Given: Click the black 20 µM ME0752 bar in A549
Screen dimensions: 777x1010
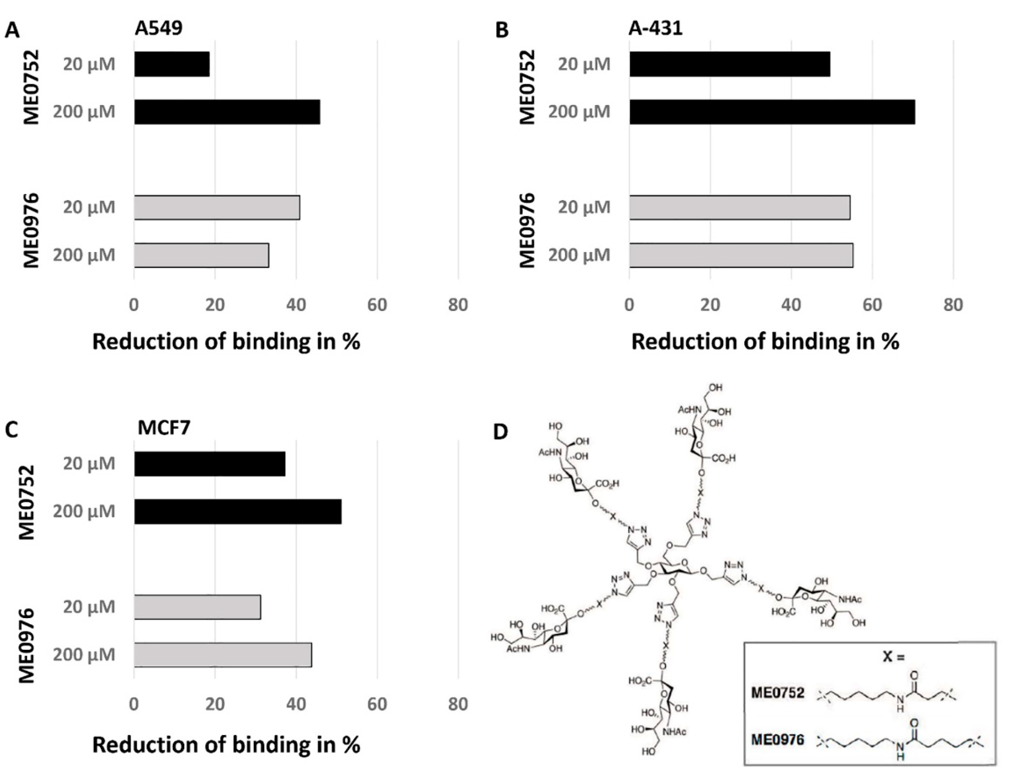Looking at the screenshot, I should pos(172,64).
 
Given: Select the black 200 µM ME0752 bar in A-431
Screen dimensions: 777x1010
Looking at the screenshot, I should pos(772,112).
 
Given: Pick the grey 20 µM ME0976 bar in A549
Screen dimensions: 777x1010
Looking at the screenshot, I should pos(217,207).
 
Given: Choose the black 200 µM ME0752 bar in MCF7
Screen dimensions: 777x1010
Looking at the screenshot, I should pos(238,512).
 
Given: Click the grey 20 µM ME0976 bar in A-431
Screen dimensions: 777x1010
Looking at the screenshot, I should pos(739,207).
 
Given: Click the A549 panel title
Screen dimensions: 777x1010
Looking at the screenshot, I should pos(159,29).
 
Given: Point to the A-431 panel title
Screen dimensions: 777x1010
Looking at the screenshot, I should pos(655,29).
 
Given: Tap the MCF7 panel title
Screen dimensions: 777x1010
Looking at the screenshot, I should pos(164,428).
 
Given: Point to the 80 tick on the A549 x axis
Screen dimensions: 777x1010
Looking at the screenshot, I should pos(458,305).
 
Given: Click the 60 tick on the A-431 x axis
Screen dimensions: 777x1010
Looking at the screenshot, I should pos(872,305).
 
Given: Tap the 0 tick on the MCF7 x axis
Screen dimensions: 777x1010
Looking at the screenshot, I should pos(134,704).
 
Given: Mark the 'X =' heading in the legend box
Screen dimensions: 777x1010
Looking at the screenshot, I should pos(893,656).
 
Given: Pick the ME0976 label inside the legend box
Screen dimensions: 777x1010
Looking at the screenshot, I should pos(778,740).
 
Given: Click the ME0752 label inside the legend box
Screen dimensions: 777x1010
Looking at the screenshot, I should pos(778,693).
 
